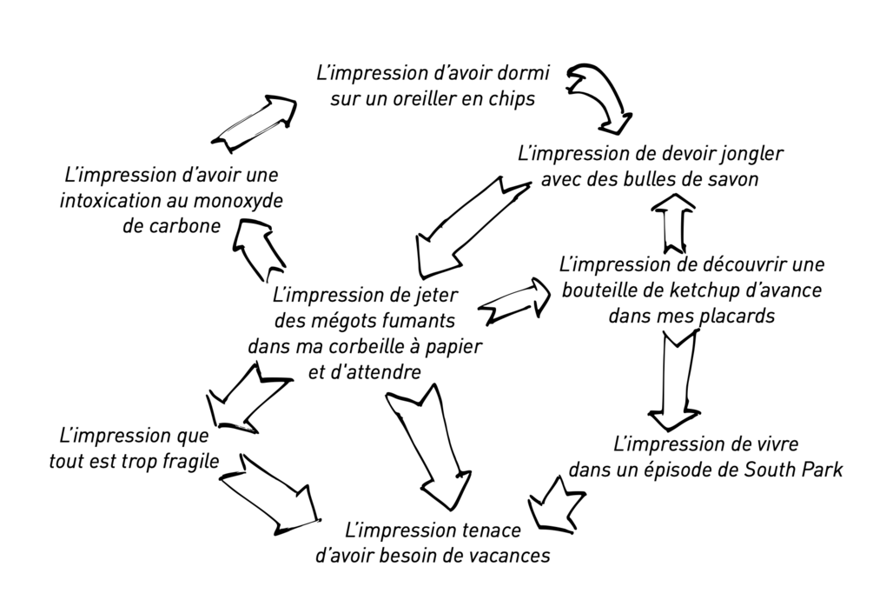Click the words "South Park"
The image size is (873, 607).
point(795,470)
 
